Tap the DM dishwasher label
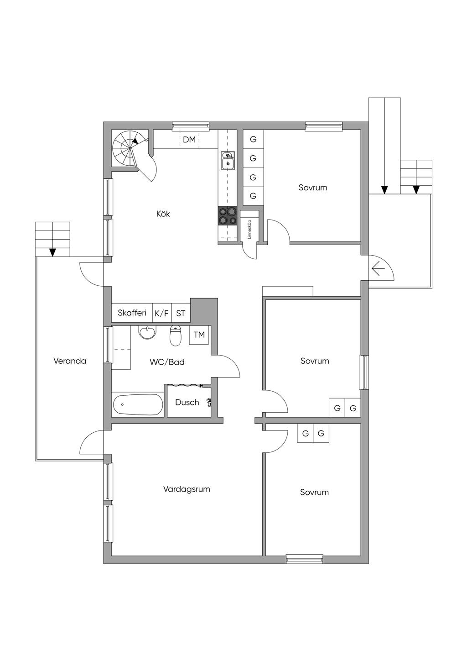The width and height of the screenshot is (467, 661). point(189,140)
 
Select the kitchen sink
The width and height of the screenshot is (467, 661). point(228,161)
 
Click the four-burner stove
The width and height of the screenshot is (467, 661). point(228,216)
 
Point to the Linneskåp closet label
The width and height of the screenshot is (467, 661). point(249,229)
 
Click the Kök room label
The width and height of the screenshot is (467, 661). point(163,214)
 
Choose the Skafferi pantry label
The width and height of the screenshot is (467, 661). point(132,313)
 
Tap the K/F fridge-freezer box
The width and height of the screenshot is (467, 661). point(161,313)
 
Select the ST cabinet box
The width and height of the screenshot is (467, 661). point(181,313)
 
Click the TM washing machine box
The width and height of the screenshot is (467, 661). point(199,335)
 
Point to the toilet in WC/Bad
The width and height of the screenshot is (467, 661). point(176,336)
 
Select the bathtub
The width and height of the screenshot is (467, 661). point(138,404)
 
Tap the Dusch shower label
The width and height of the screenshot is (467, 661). point(187,402)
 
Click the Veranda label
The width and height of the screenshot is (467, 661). point(70,361)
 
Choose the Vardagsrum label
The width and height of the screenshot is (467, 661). point(187,489)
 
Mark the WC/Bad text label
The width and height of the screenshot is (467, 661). point(167,362)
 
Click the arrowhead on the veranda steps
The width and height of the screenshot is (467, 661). point(53,252)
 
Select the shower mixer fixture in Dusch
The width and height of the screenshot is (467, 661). point(209,402)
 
